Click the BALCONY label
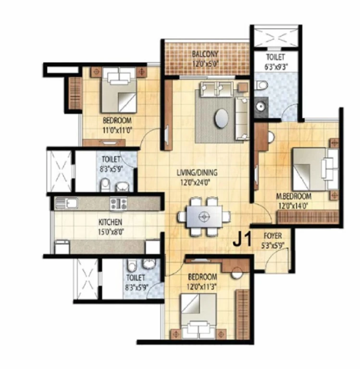pos(205,54)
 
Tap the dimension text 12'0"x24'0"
pos(195,183)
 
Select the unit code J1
pos(242,240)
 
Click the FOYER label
pos(273,236)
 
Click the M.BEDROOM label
pos(294,196)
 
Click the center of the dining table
pos(204,217)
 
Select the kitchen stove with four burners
pos(118,203)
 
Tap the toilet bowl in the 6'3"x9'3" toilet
pos(261,85)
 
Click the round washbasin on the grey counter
pos(260,107)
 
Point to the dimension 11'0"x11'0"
pos(117,130)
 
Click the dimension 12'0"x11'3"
pos(202,287)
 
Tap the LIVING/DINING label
pos(197,173)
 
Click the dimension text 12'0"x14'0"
pos(293,206)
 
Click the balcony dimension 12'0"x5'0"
pos(206,63)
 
